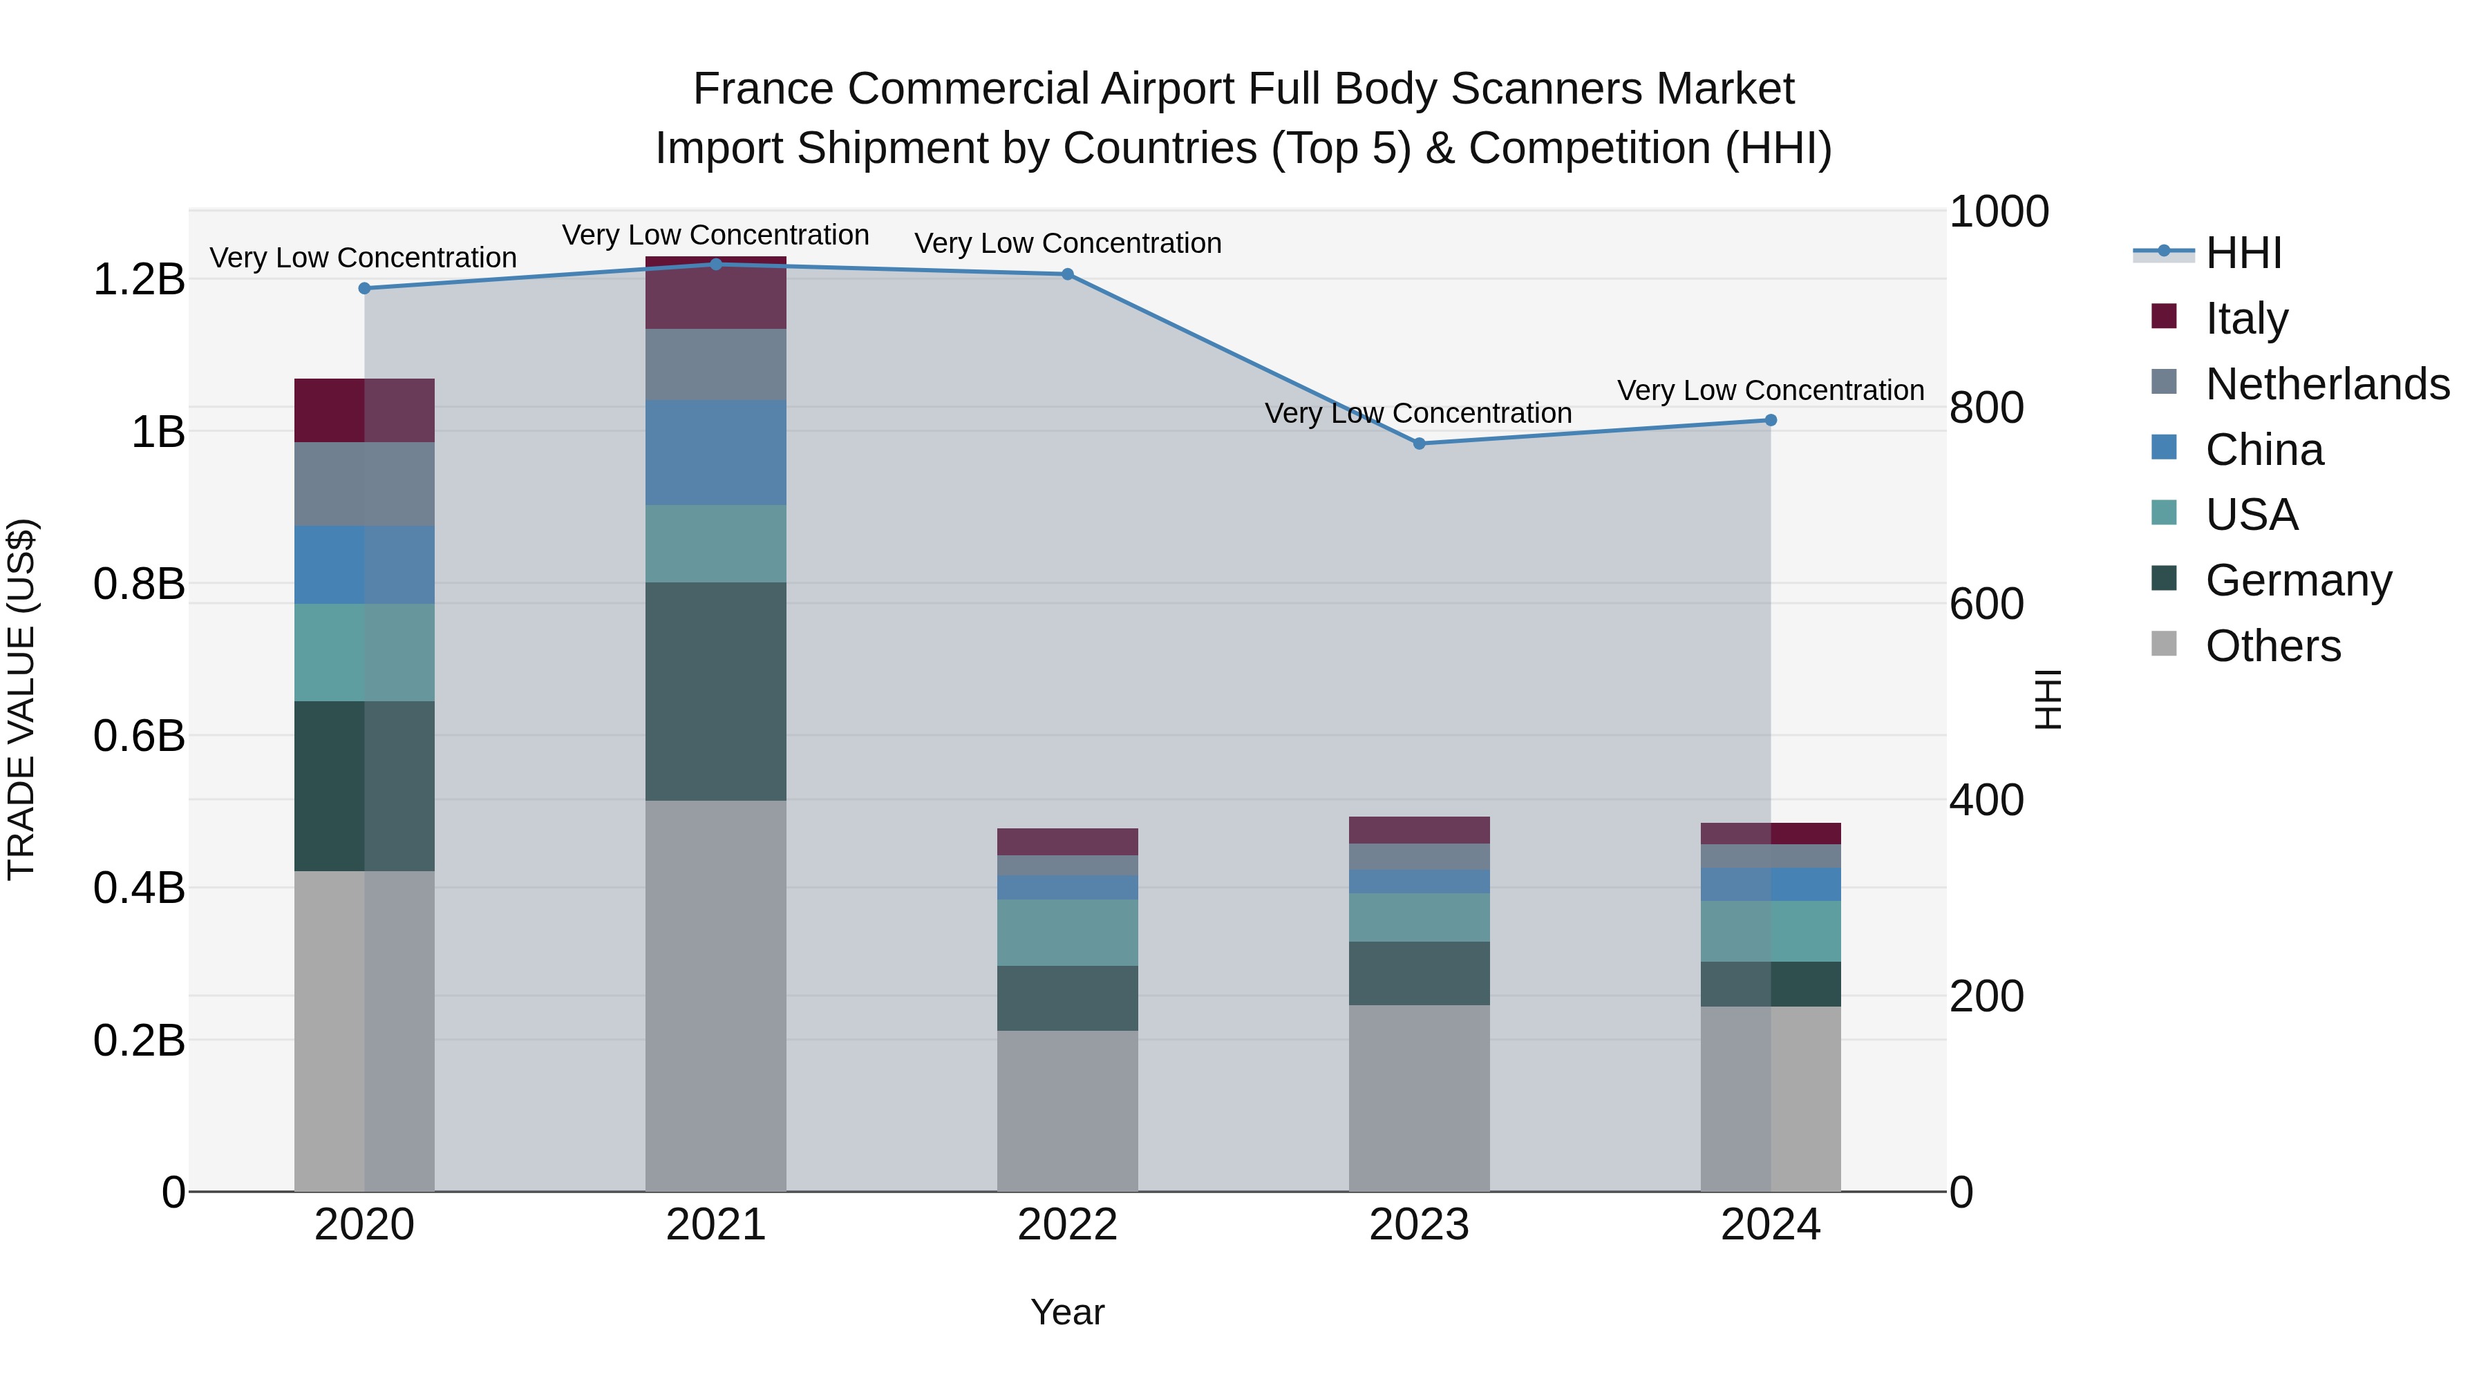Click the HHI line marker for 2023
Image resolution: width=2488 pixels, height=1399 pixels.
1419,443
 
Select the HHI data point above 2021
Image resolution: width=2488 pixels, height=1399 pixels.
716,265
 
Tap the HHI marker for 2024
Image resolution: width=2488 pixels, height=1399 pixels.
1771,420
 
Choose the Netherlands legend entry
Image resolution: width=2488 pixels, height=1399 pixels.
2326,383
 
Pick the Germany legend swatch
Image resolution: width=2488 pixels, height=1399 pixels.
2165,578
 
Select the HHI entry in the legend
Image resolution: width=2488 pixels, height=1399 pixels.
2243,253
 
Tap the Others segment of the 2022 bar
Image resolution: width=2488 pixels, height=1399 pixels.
1067,1110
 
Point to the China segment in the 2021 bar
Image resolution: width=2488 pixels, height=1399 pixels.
716,452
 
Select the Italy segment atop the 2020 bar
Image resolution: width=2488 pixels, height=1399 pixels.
364,410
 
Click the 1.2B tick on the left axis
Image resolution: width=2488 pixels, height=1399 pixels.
139,280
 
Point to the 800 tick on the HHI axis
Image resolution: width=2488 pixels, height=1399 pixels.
1986,408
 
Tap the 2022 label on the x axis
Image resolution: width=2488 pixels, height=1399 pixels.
1067,1225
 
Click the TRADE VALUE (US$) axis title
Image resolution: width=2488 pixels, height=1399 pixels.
21,699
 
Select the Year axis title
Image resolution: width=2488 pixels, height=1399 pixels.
1067,1312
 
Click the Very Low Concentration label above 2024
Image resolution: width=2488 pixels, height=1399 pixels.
1771,390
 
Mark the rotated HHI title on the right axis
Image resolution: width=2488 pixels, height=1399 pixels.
2046,699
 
